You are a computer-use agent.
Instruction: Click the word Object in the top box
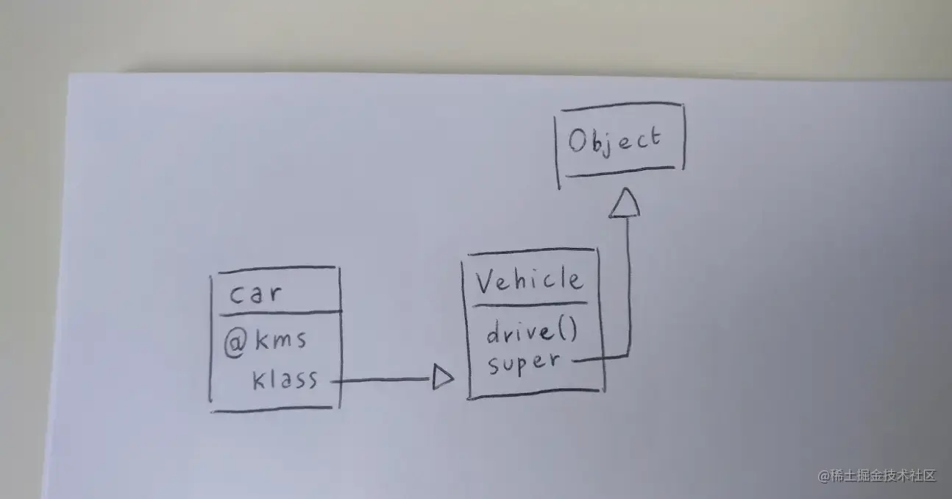615,141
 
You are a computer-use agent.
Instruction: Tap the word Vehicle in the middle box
529,280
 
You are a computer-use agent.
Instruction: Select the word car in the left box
255,294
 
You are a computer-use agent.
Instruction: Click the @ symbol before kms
233,342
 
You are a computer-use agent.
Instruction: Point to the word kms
280,341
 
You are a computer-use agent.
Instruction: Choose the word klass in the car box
285,380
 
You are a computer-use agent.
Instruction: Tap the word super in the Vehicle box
524,362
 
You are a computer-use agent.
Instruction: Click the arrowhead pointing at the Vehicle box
442,379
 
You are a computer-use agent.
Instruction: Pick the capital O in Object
579,141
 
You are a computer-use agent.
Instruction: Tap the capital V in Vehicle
485,280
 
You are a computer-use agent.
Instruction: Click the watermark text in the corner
876,475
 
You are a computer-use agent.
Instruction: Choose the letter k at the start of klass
259,380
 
